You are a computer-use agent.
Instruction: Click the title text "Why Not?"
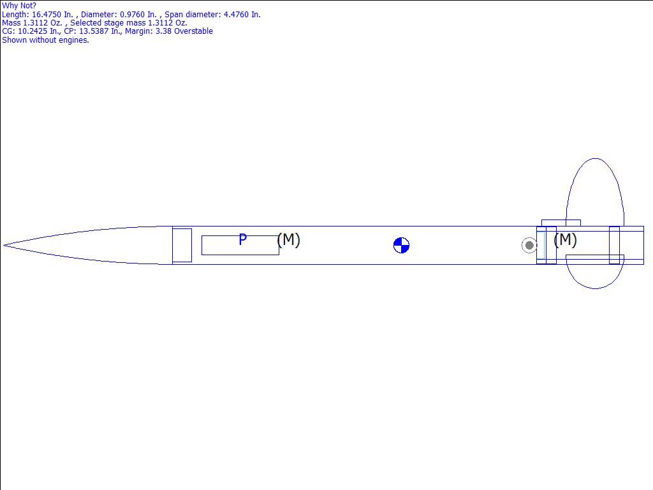click(x=18, y=6)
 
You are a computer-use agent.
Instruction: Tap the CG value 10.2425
click(x=33, y=31)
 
